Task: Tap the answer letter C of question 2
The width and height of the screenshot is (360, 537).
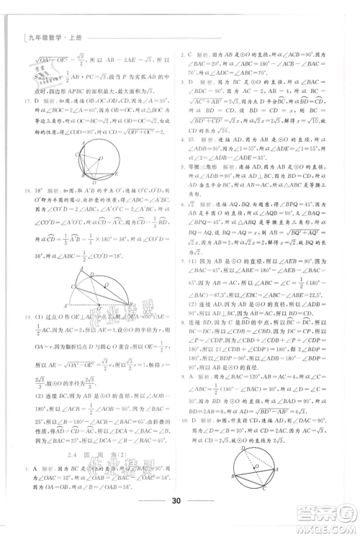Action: click(189, 55)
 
